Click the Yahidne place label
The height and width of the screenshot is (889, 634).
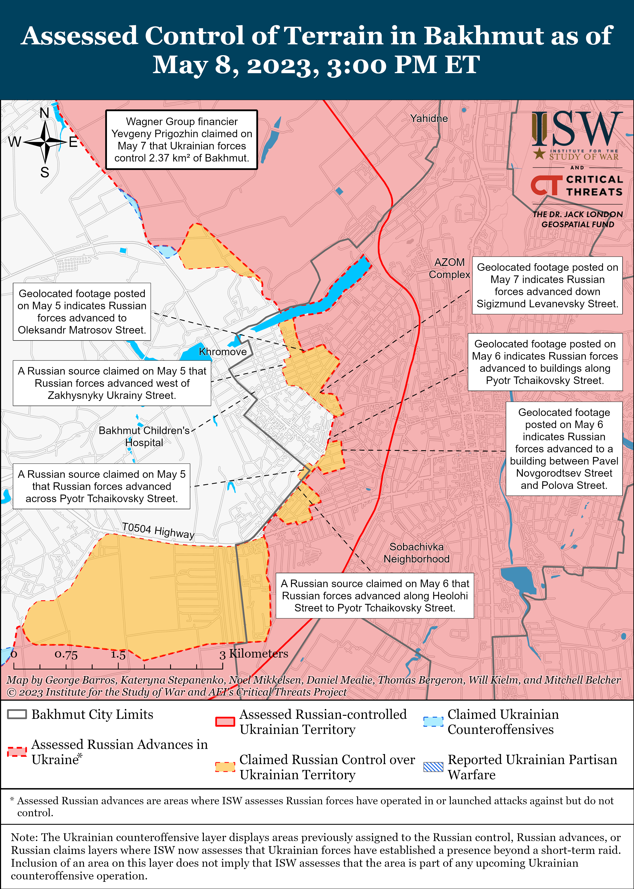(429, 118)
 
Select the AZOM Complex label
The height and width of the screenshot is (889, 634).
(449, 268)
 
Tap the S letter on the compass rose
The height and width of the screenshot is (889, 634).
(45, 172)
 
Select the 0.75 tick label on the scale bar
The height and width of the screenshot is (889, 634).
(66, 655)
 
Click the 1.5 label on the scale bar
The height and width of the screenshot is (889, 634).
(118, 655)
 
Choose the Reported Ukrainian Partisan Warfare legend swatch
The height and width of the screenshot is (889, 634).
(433, 767)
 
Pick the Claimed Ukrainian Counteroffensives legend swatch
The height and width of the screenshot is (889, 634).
(433, 722)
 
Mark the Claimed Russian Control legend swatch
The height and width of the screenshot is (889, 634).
(225, 767)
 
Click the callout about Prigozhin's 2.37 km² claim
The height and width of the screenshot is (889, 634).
(182, 140)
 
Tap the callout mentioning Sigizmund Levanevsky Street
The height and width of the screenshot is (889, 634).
(547, 285)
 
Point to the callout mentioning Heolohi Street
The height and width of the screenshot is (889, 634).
(375, 595)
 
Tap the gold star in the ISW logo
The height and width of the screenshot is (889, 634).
(540, 153)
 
